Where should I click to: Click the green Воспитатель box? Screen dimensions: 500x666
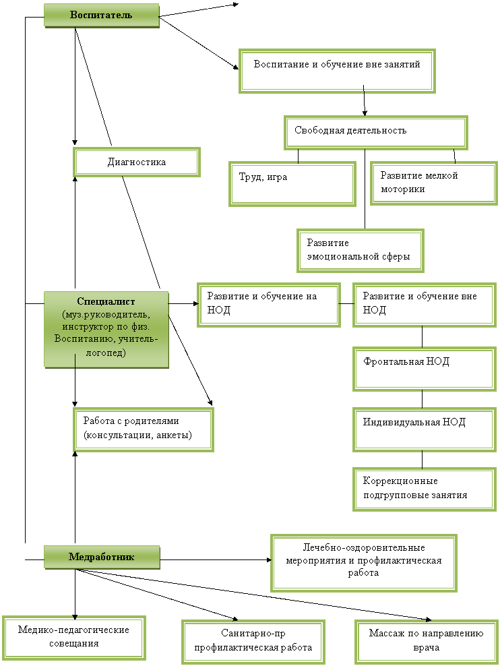pyautogui.click(x=102, y=16)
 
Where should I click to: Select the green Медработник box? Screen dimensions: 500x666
pyautogui.click(x=102, y=557)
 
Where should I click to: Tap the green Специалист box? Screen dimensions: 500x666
pyautogui.click(x=106, y=329)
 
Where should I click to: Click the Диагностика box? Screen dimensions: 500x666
pyautogui.click(x=137, y=162)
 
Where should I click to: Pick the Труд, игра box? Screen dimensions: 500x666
pyautogui.click(x=292, y=183)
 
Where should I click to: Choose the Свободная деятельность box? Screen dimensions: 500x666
pyautogui.click(x=375, y=132)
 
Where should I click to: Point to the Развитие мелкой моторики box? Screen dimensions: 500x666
pyautogui.click(x=433, y=183)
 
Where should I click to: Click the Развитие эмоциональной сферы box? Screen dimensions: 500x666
pyautogui.click(x=361, y=250)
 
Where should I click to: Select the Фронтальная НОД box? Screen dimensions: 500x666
pyautogui.click(x=424, y=369)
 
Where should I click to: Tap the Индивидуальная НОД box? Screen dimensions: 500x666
pyautogui.click(x=424, y=429)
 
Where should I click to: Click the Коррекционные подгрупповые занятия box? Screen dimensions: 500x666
pyautogui.click(x=424, y=489)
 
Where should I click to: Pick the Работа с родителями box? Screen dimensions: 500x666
pyautogui.click(x=144, y=429)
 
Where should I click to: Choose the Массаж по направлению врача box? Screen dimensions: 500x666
pyautogui.click(x=426, y=641)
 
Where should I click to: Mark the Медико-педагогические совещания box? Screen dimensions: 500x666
pyautogui.click(x=74, y=638)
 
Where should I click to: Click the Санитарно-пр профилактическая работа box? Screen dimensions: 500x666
pyautogui.click(x=253, y=641)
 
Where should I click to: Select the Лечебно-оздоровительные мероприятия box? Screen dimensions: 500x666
pyautogui.click(x=364, y=563)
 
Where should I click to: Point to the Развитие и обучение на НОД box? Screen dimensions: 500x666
pyautogui.click(x=269, y=305)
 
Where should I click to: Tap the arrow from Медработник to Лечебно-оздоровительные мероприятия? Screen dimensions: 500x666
pyautogui.click(x=216, y=559)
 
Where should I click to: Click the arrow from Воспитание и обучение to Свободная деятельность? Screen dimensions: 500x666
pyautogui.click(x=364, y=100)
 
